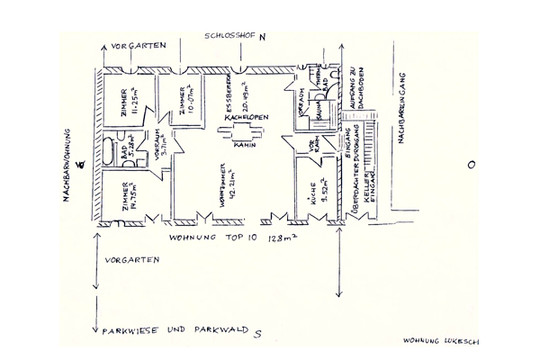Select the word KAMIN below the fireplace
(244, 145)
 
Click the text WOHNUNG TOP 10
(207, 238)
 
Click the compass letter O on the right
(470, 165)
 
